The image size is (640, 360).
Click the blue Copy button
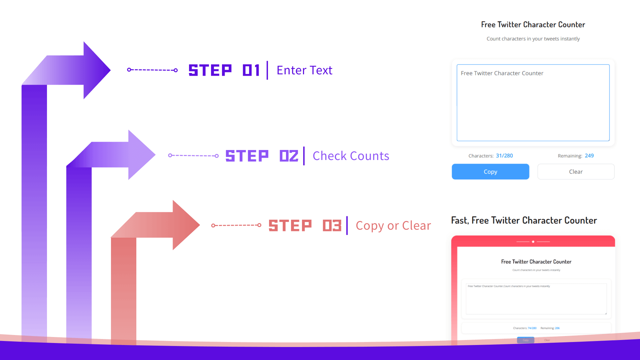click(x=490, y=172)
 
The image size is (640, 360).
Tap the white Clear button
click(x=576, y=172)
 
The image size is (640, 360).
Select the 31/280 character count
click(x=504, y=156)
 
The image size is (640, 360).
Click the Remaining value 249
click(x=589, y=156)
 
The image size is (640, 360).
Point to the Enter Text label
click(x=304, y=70)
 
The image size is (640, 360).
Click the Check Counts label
click(x=351, y=156)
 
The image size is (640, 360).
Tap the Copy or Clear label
click(x=393, y=226)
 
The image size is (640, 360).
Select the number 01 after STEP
click(x=251, y=70)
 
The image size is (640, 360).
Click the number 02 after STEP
click(x=289, y=156)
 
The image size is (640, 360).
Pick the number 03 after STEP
click(x=332, y=226)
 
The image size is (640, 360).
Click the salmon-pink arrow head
click(x=185, y=225)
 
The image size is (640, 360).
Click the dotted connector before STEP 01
click(x=152, y=70)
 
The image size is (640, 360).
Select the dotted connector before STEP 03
click(x=236, y=225)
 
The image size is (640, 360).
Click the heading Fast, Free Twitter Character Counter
click(x=524, y=220)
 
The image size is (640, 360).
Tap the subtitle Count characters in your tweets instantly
click(x=533, y=39)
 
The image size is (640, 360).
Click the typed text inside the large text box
click(x=502, y=73)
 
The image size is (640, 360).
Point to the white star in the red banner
click(x=533, y=242)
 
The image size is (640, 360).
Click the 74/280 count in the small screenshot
click(x=532, y=328)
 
